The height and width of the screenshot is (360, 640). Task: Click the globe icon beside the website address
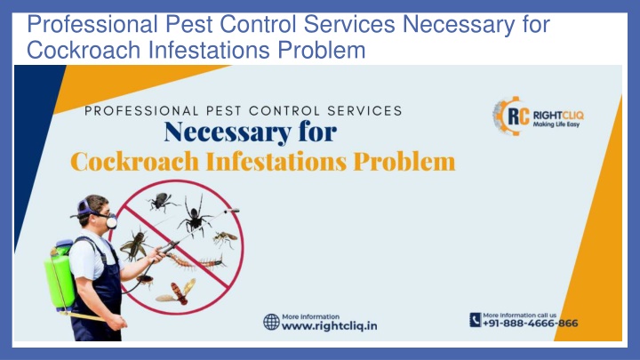[x=271, y=322]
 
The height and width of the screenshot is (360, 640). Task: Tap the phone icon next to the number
[x=475, y=320]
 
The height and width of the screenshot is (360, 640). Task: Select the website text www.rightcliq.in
[x=330, y=326]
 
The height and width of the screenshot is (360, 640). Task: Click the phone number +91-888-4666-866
[x=530, y=324]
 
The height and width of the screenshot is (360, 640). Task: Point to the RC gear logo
[x=511, y=116]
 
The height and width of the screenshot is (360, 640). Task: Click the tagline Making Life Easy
[x=556, y=124]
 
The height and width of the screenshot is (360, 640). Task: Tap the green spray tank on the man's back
[x=60, y=276]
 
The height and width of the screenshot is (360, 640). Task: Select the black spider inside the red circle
[x=195, y=216]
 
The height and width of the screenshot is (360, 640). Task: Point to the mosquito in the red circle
[x=225, y=239]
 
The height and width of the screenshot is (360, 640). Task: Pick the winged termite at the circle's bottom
[x=177, y=292]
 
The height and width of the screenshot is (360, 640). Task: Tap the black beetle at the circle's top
[x=162, y=201]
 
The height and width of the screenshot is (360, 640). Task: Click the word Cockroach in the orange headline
[x=135, y=161]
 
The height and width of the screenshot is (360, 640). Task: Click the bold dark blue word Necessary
[x=228, y=132]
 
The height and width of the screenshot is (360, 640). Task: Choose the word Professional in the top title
[x=92, y=24]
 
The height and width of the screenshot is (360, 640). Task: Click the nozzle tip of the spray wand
[x=234, y=211]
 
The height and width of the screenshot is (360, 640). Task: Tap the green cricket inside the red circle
[x=135, y=244]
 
